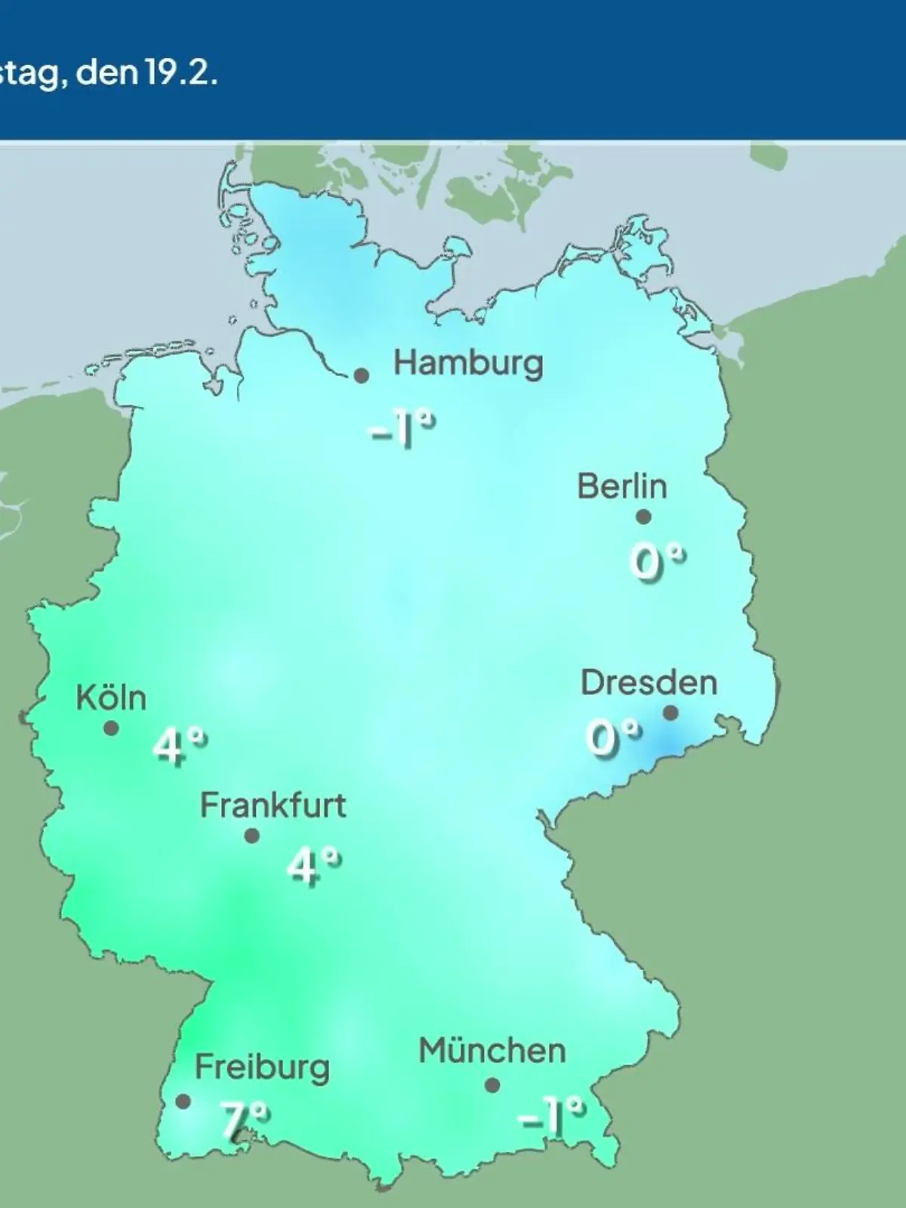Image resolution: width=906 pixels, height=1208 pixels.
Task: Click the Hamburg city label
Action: [468, 364]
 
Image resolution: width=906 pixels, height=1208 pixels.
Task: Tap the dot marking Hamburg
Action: [362, 375]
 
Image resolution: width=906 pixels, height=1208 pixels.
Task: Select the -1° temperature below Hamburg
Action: [401, 431]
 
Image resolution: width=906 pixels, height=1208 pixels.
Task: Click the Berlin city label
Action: [622, 486]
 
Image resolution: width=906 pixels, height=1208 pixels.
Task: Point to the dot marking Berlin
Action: [643, 517]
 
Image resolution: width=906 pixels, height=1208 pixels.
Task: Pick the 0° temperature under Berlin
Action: [656, 562]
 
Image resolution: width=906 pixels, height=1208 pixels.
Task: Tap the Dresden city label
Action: [649, 683]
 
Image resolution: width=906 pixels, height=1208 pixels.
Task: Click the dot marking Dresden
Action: [670, 713]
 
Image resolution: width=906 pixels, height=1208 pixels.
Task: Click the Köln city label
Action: [111, 698]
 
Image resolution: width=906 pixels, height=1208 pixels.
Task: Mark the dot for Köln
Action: [111, 729]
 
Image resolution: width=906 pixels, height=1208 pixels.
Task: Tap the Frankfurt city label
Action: [273, 806]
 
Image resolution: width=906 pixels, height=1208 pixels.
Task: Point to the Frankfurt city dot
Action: [252, 836]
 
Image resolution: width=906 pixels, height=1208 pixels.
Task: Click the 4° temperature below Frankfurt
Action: [313, 865]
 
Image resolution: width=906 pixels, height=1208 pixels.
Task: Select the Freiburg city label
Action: [262, 1068]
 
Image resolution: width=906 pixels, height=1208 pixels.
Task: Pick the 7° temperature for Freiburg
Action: [244, 1119]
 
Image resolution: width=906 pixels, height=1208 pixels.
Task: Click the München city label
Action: [492, 1051]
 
